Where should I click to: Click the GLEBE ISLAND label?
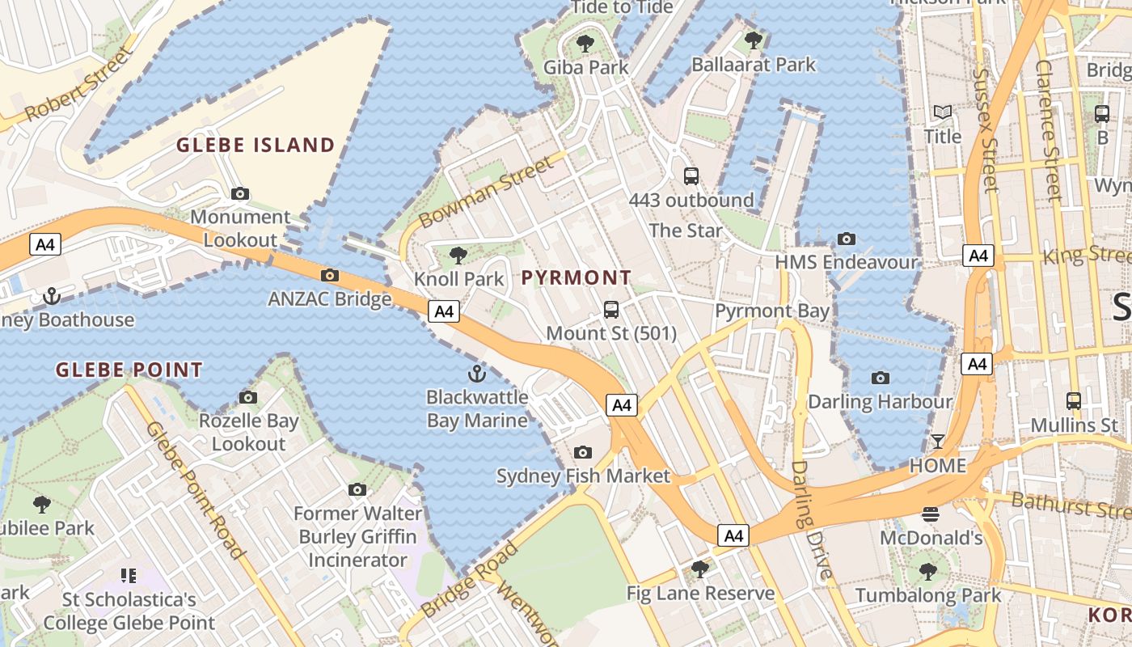[256, 146]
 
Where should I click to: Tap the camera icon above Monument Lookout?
[240, 193]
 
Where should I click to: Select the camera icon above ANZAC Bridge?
[330, 276]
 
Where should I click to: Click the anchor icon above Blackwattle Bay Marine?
[477, 374]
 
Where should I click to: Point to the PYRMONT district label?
[577, 278]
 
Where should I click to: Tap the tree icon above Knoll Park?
[458, 256]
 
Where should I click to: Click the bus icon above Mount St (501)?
[611, 309]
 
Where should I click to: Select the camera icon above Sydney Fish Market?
[583, 452]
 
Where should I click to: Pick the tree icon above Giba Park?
[585, 44]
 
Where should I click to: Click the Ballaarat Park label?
[754, 65]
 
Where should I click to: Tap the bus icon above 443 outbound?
[691, 175]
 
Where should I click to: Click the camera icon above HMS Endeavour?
[847, 239]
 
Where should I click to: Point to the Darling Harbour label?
[881, 401]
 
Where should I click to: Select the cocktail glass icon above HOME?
[938, 442]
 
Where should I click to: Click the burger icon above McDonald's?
[931, 514]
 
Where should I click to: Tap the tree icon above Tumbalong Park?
[928, 572]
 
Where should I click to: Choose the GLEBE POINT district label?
[129, 370]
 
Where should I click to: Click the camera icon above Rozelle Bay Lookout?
[248, 397]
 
